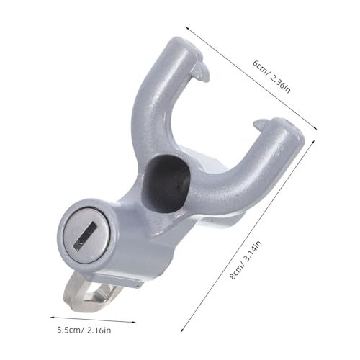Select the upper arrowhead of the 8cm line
click(x=315, y=143)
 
